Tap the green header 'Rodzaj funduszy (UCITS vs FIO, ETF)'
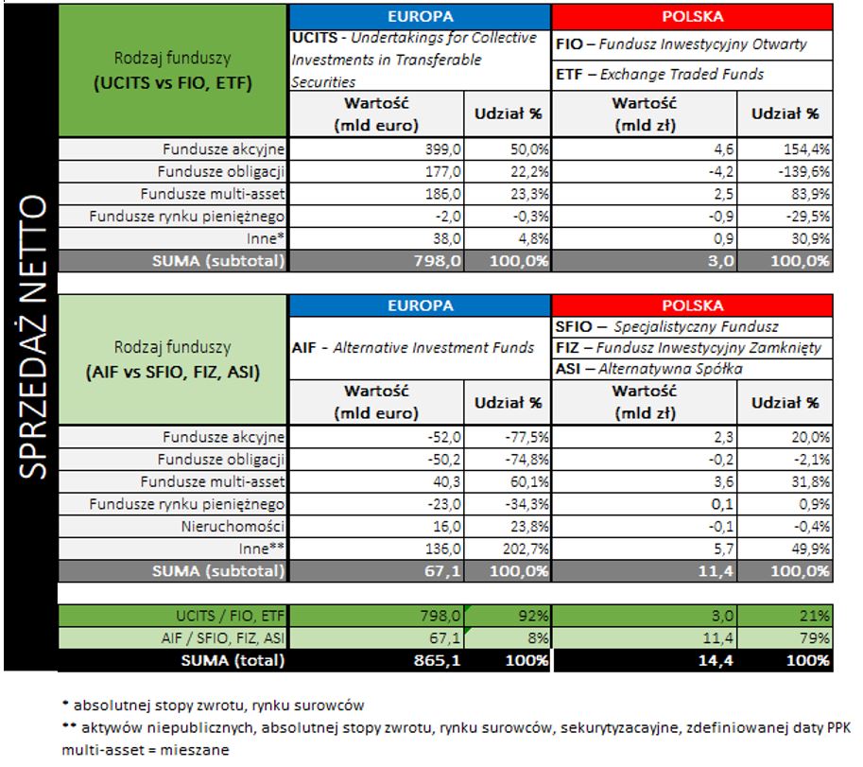pyautogui.click(x=173, y=71)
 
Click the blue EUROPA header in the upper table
pyautogui.click(x=420, y=16)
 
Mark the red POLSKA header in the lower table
pyautogui.click(x=693, y=305)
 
